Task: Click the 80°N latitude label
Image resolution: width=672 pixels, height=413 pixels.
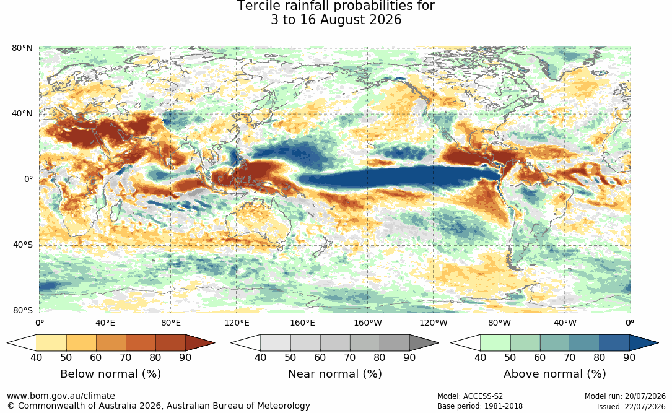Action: point(22,48)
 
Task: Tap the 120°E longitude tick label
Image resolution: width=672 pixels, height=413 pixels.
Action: point(237,323)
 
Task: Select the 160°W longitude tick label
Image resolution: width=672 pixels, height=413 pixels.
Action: point(368,323)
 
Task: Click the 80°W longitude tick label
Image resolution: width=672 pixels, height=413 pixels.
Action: point(499,323)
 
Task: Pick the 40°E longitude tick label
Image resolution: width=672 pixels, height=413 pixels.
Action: point(105,323)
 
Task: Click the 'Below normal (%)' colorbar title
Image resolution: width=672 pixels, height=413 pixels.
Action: point(111,374)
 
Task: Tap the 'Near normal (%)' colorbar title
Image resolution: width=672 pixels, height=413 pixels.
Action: point(334,374)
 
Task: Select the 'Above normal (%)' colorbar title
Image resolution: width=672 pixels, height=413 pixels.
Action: point(554,374)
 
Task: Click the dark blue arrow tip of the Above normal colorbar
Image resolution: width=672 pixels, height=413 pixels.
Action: point(657,343)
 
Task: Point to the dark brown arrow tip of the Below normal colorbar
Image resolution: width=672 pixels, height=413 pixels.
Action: point(214,343)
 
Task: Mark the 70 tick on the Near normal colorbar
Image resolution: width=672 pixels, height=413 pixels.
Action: point(350,357)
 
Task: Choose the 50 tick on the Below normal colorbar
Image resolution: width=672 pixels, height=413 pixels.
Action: point(66,357)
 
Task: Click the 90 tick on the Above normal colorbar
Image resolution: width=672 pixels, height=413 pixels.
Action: point(629,357)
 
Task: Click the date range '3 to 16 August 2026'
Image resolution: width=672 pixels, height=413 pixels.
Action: point(336,20)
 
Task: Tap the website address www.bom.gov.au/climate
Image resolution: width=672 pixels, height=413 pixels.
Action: point(61,396)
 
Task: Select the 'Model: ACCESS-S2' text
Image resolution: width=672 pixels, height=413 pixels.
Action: point(470,396)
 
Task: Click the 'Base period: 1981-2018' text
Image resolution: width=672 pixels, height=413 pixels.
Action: point(480,406)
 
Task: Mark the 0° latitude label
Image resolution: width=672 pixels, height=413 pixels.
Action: point(28,179)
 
